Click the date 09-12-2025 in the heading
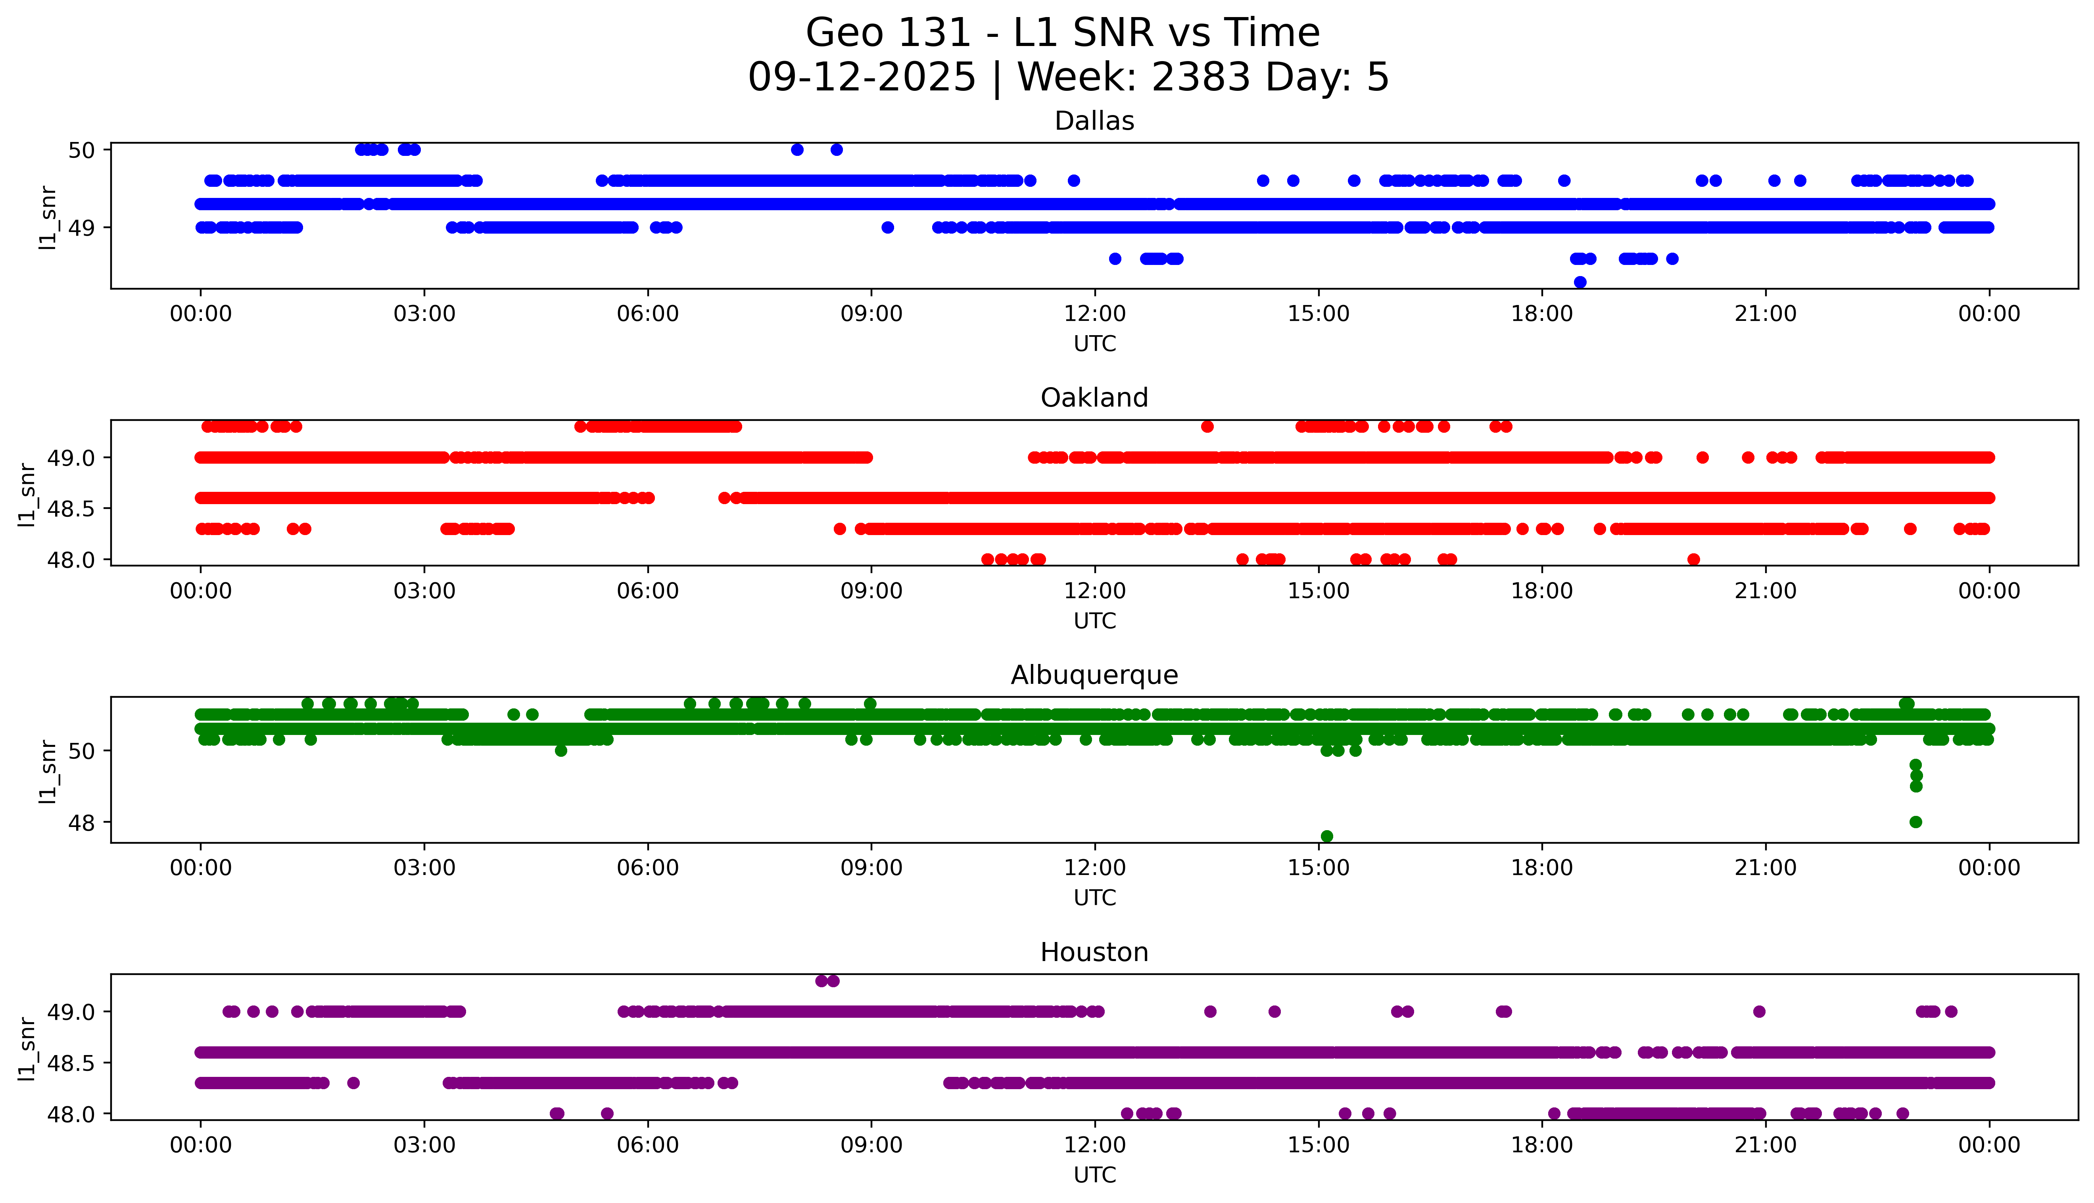[x=862, y=78]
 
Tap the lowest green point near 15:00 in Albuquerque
[x=1326, y=836]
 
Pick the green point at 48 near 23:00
[x=1916, y=822]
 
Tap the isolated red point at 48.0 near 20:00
[x=1693, y=559]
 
